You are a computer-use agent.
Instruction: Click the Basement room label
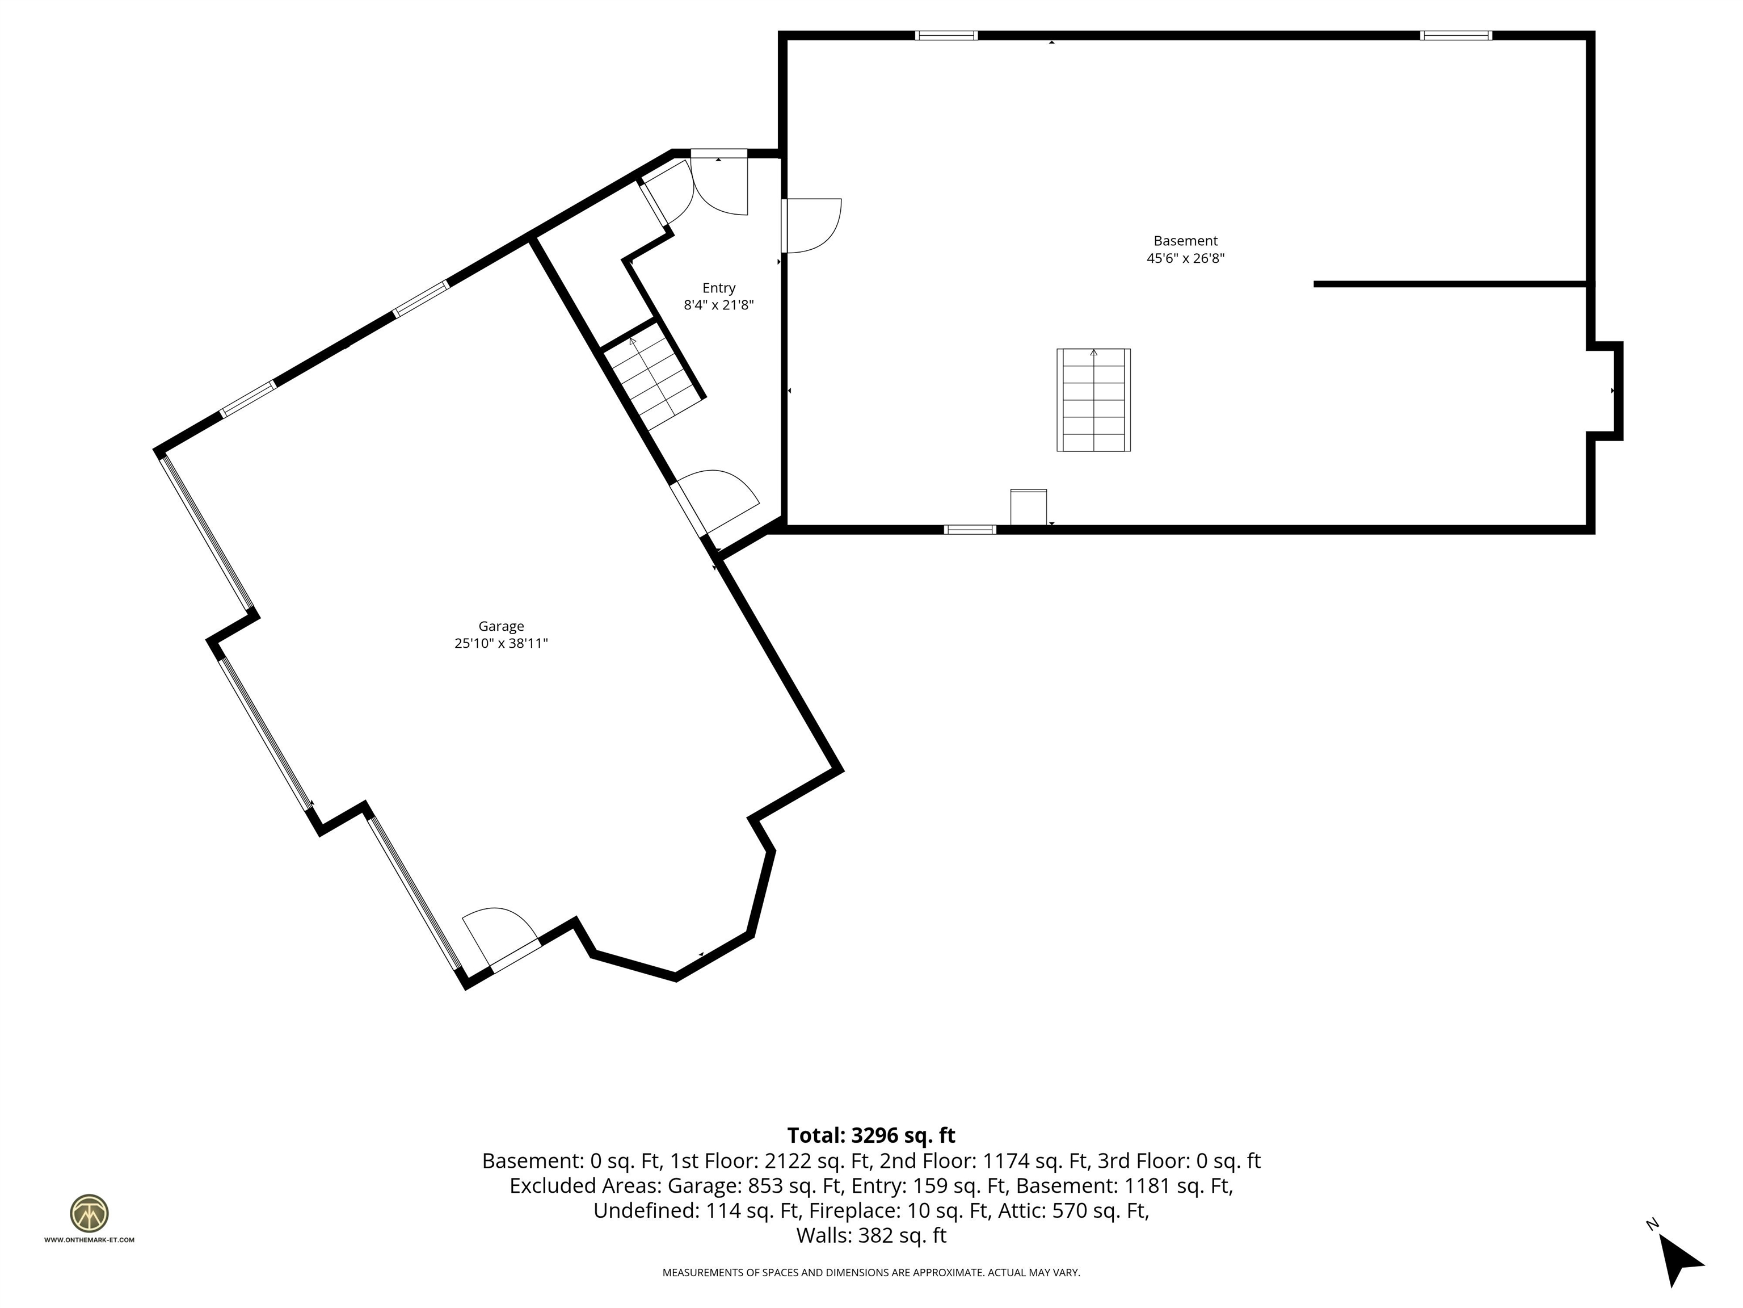coord(1185,241)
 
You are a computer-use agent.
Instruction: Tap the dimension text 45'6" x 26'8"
coord(1185,259)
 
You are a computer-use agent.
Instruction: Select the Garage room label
coord(500,626)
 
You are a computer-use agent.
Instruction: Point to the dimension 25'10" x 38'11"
coord(500,643)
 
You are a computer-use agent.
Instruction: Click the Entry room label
coord(719,288)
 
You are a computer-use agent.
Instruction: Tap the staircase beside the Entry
coord(654,377)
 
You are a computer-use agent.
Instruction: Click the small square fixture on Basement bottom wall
coord(1028,507)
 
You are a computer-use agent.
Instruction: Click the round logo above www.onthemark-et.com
coord(89,1213)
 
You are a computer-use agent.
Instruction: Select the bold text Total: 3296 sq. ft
coord(871,1135)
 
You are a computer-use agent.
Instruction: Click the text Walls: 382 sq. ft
coord(871,1235)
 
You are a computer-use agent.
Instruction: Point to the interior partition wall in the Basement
coord(1450,284)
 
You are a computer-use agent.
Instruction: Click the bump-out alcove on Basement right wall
coord(1605,391)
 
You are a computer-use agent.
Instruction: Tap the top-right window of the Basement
coord(1455,35)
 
